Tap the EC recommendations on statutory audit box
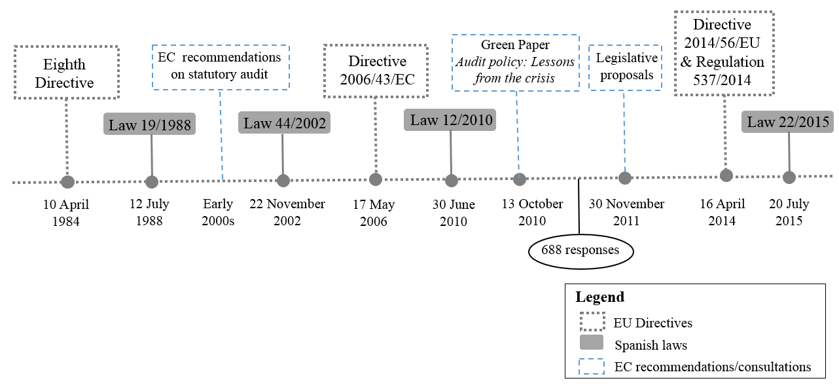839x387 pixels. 220,66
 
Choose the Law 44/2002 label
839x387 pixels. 285,123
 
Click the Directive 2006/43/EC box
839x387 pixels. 376,71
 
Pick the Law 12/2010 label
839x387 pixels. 450,120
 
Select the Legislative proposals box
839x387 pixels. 624,66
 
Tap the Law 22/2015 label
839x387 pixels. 788,122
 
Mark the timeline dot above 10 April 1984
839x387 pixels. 67,182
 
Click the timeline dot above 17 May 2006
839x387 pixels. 376,179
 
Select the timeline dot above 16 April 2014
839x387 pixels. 726,175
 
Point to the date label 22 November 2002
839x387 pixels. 283,212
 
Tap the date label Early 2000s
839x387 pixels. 218,212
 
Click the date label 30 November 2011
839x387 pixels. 626,212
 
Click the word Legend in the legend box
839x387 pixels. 599,297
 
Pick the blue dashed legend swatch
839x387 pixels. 592,365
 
